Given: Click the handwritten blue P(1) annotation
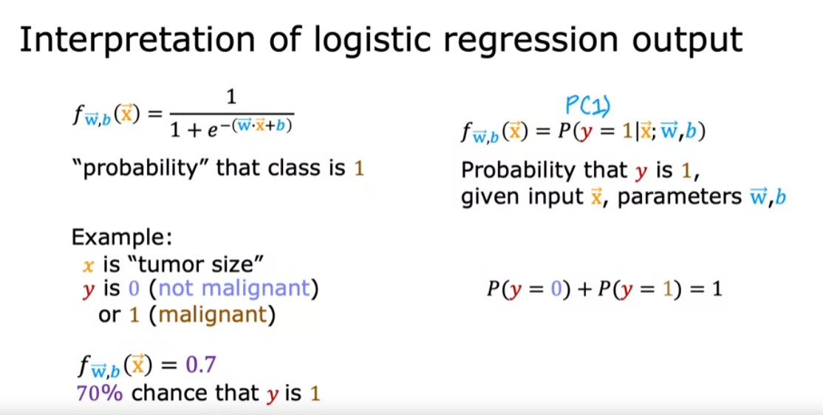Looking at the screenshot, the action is (588, 107).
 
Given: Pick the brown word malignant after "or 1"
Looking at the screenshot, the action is (212, 316).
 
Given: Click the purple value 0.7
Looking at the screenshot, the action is (200, 365).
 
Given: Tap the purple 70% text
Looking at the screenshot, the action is (100, 394).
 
